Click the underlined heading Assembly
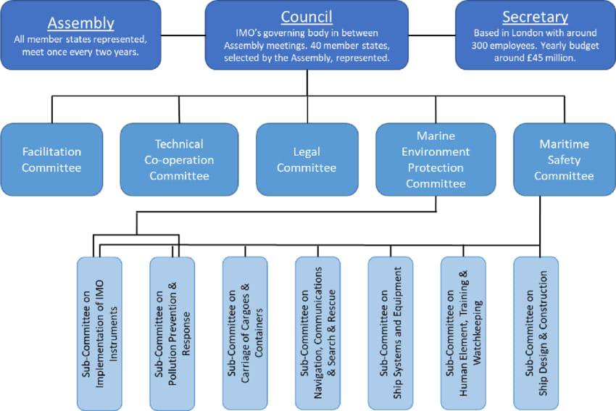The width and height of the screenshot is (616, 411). pyautogui.click(x=81, y=23)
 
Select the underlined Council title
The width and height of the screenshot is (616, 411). pyautogui.click(x=307, y=17)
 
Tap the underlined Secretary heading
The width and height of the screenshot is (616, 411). pyautogui.click(x=536, y=17)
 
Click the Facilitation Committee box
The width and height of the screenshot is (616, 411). pyautogui.click(x=51, y=159)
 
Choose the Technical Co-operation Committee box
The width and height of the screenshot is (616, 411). pyautogui.click(x=179, y=159)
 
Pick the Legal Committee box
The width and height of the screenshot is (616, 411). pyautogui.click(x=307, y=159)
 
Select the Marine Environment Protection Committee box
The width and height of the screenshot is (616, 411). pyautogui.click(x=436, y=159)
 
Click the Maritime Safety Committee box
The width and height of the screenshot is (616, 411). pyautogui.click(x=565, y=159)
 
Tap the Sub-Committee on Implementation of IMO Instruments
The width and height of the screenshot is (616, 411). pyautogui.click(x=99, y=333)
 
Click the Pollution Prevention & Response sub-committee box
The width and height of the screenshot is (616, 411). pyautogui.click(x=172, y=333)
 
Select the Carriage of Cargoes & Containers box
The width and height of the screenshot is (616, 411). pyautogui.click(x=245, y=333)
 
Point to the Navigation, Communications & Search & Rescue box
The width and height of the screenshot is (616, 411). pyautogui.click(x=318, y=333)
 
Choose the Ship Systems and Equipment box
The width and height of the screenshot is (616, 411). pyautogui.click(x=391, y=333)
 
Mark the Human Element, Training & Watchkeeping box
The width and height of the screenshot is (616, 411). pyautogui.click(x=463, y=333)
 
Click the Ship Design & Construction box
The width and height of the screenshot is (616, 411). pyautogui.click(x=536, y=333)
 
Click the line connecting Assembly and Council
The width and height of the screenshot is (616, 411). pyautogui.click(x=183, y=36)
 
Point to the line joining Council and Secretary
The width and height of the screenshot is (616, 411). pyautogui.click(x=432, y=36)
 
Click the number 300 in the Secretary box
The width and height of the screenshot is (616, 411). pyautogui.click(x=480, y=45)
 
